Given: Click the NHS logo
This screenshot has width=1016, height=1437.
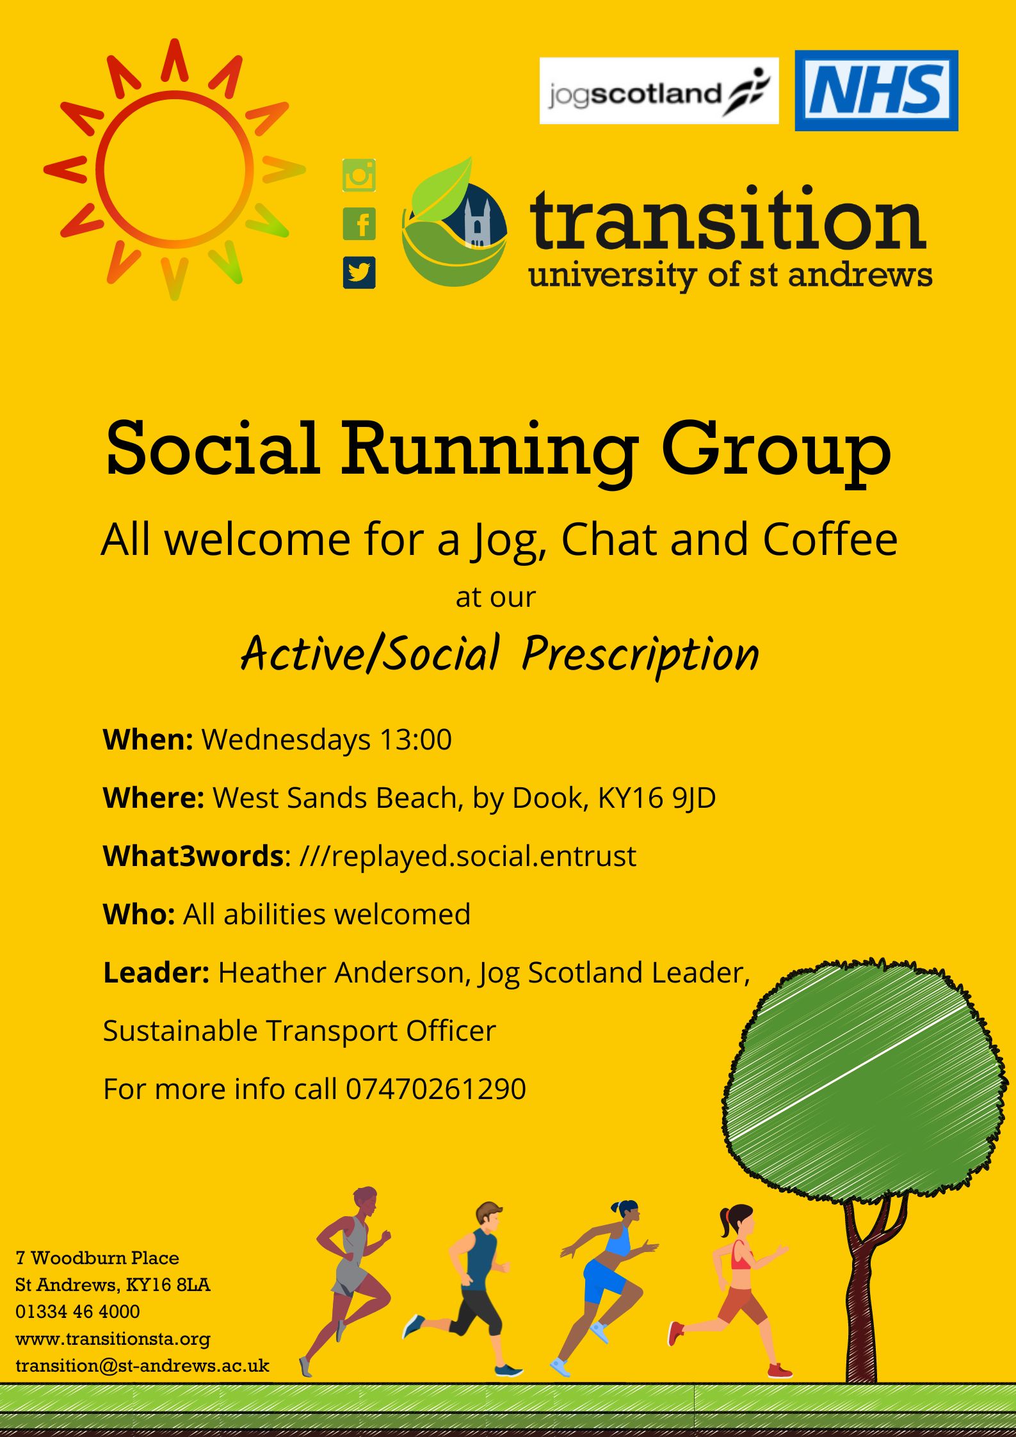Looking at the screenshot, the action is pyautogui.click(x=876, y=90).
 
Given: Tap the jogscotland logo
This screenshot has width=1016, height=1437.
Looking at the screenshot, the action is pyautogui.click(x=659, y=90).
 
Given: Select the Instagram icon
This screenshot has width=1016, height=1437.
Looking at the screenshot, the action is pyautogui.click(x=359, y=175).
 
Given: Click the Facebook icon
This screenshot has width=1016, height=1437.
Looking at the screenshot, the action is pyautogui.click(x=359, y=224).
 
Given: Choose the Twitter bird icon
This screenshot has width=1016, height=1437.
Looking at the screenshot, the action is pyautogui.click(x=359, y=273).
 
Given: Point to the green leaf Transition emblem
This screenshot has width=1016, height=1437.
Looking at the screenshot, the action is pyautogui.click(x=455, y=223).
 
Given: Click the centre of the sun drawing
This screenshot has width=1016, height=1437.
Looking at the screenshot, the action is pyautogui.click(x=175, y=170).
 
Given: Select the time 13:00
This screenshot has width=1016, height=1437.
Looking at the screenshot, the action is pyautogui.click(x=416, y=739).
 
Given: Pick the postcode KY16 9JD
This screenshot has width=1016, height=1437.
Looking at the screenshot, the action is pyautogui.click(x=657, y=798).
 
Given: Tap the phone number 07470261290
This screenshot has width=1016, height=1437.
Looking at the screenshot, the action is pyautogui.click(x=436, y=1089).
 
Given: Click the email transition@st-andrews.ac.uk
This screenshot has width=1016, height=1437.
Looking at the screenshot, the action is pyautogui.click(x=142, y=1365).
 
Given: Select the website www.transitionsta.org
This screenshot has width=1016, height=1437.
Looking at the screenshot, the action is pyautogui.click(x=113, y=1338).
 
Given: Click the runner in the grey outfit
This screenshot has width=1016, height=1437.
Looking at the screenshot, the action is pyautogui.click(x=347, y=1280).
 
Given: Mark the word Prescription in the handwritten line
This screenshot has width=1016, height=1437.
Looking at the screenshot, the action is pyautogui.click(x=640, y=654).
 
